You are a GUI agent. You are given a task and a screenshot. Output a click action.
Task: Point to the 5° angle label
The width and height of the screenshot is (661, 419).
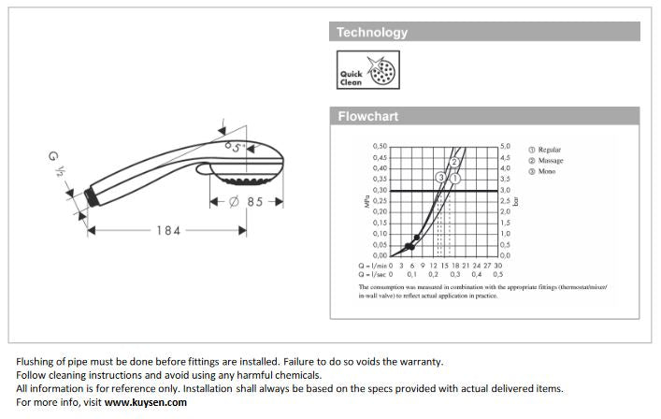pyautogui.click(x=237, y=146)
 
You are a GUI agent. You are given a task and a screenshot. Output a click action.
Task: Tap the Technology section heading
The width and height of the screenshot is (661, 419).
pyautogui.click(x=372, y=32)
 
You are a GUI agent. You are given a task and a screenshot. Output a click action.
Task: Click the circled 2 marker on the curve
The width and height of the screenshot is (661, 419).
pyautogui.click(x=453, y=162)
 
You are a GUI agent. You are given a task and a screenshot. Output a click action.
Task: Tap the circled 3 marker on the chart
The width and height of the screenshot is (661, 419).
pyautogui.click(x=440, y=178)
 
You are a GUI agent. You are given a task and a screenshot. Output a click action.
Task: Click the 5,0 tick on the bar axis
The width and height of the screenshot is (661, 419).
pyautogui.click(x=505, y=146)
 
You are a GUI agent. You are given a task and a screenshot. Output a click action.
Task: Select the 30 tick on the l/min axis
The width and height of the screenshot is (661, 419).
pyautogui.click(x=498, y=266)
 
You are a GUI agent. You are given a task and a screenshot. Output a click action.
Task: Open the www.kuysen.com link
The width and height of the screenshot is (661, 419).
pyautogui.click(x=146, y=402)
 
